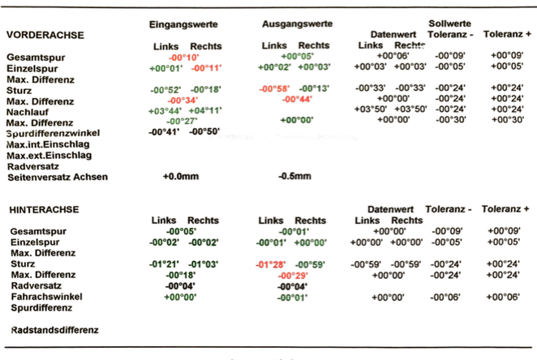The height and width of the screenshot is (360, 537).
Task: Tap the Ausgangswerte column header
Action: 296,24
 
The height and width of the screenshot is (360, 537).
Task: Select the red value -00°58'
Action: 274,88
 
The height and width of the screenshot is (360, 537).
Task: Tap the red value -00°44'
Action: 297,99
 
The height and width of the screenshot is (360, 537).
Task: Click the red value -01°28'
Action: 272,264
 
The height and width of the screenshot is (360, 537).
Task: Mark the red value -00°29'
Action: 293,276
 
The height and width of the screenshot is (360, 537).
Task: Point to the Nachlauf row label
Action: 28,111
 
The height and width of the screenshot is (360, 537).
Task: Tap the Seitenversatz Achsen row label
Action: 56,177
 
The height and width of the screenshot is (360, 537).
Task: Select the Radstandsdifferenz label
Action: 54,330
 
